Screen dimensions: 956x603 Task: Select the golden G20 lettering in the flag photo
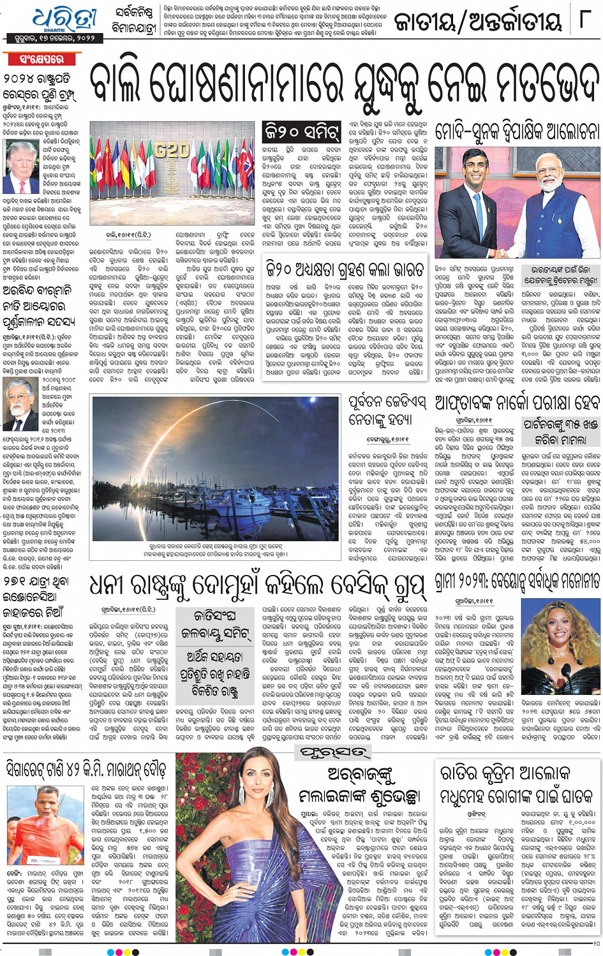click(x=172, y=151)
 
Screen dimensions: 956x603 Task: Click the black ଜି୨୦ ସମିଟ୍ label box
click(x=302, y=133)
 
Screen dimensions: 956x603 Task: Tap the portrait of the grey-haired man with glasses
click(x=21, y=404)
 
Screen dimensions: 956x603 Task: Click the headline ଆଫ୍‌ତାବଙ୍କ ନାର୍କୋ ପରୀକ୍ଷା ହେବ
click(x=517, y=403)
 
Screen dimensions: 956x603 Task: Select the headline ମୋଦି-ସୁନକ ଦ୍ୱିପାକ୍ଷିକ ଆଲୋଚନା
click(x=517, y=132)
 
